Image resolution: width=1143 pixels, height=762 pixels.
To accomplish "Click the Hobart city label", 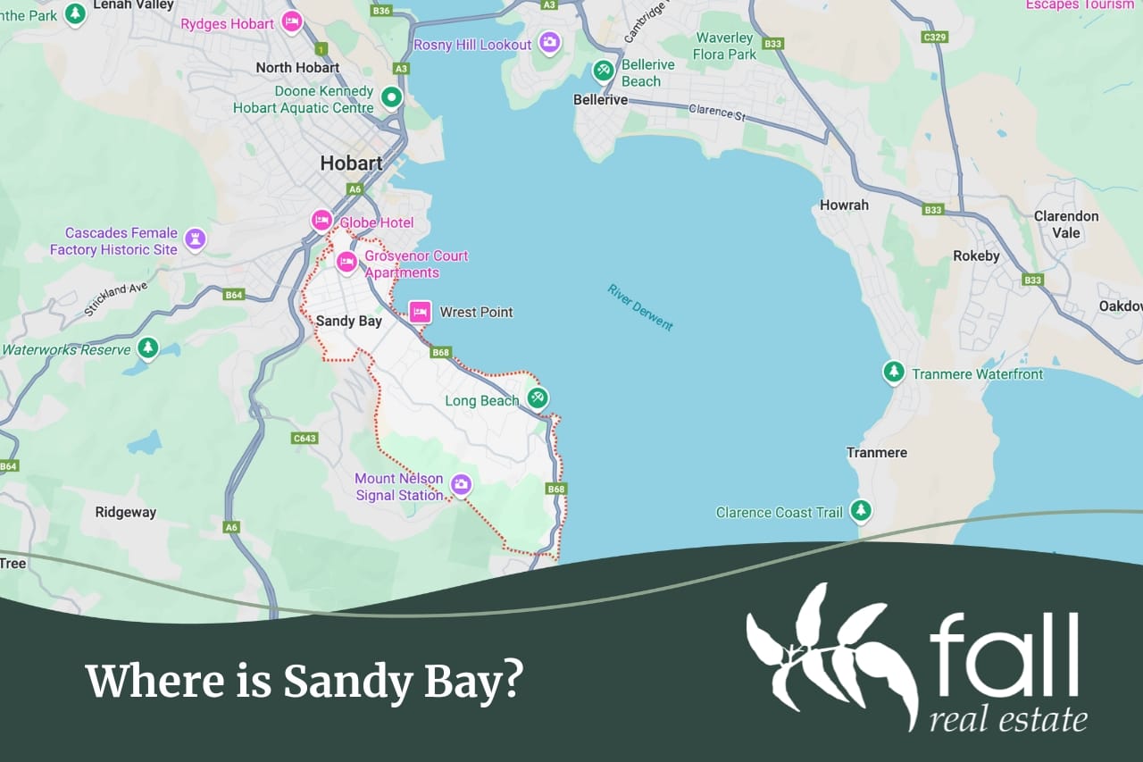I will point(352,163).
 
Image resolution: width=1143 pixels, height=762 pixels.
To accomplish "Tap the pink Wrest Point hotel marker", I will point(420,312).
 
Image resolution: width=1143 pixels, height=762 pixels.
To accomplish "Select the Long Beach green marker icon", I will point(538,398).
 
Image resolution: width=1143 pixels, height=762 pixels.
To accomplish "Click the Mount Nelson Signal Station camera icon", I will point(461,484).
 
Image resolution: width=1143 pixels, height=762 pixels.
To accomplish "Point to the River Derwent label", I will point(640,307).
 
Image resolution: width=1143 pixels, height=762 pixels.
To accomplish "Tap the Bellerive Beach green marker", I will point(604,69).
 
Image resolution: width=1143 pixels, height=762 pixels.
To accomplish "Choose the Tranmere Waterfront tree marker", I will point(893,372).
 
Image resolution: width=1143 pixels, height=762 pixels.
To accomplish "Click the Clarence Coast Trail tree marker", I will point(861,510).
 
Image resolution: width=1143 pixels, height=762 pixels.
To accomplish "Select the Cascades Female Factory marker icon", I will point(195,239).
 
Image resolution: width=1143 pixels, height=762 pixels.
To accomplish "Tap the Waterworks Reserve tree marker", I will point(148,348).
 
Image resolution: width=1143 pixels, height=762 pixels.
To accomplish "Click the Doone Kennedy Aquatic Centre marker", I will point(391,96).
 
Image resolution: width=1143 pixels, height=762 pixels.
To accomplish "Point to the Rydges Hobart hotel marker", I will point(291,22).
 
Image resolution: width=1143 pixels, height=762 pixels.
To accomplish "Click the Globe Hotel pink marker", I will point(321,220).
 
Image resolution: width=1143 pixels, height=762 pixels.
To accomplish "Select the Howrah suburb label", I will point(844,205).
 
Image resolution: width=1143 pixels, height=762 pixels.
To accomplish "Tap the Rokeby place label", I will point(976,256).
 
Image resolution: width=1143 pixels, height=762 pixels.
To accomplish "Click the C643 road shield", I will point(305,438).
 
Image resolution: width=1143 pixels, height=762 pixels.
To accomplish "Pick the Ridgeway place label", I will point(126,513).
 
